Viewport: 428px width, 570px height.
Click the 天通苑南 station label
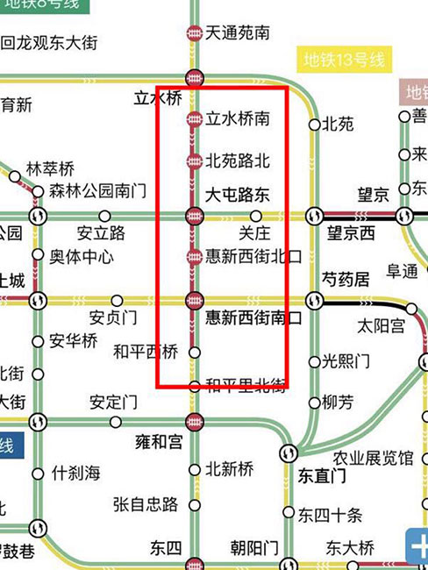(237, 33)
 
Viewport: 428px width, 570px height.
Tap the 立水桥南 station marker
(194, 119)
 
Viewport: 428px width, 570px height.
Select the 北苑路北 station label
(238, 160)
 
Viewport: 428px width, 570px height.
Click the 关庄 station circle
(256, 216)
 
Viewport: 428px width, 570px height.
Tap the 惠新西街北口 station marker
(194, 257)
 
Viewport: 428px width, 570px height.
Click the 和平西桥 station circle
(195, 352)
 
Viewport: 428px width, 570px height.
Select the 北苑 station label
(339, 125)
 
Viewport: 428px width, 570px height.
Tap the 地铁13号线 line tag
(345, 61)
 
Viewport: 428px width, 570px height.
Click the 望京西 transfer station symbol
(315, 216)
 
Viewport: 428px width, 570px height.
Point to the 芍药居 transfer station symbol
(315, 301)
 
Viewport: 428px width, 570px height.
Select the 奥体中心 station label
(81, 257)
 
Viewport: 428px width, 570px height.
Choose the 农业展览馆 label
(373, 458)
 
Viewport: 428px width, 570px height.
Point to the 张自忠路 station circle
(195, 504)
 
